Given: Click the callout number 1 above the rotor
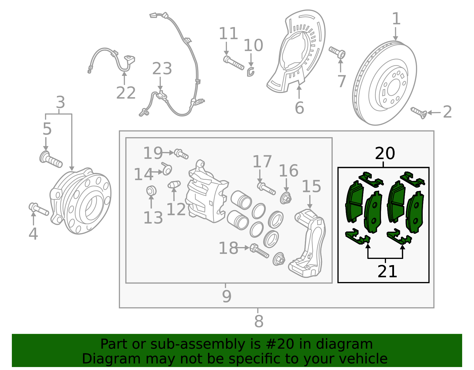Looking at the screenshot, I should tap(396, 19).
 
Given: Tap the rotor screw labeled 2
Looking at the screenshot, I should tap(419, 113).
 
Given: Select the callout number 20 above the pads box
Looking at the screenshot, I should tap(385, 153).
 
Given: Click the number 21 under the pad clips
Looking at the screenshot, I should tap(387, 271).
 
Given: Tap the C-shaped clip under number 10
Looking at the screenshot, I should tap(251, 72).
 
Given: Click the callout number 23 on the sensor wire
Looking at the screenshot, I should tap(162, 69).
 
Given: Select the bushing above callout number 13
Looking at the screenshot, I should tap(151, 190).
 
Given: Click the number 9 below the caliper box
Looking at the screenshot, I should tap(226, 296).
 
